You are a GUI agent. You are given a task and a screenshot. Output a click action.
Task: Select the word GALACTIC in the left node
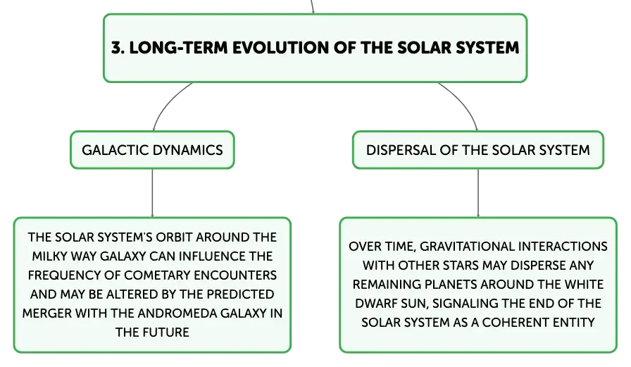tap(115, 150)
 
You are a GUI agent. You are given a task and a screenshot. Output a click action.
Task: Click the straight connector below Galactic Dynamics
tap(153, 193)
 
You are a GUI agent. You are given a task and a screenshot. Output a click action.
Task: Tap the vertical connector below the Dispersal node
tap(478, 193)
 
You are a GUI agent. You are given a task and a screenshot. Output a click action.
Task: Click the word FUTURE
tap(165, 332)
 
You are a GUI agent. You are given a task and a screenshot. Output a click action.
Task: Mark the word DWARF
tap(373, 304)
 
